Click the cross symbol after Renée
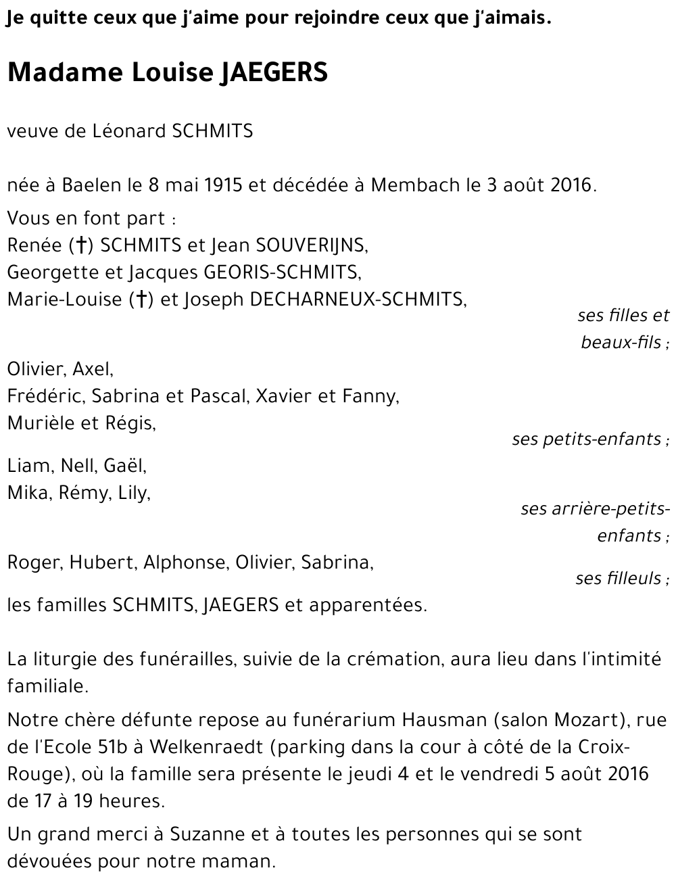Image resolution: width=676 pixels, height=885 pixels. coord(82,245)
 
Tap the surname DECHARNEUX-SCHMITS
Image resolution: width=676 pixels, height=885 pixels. coord(358,300)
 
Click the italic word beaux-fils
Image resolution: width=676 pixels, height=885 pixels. coord(621,342)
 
